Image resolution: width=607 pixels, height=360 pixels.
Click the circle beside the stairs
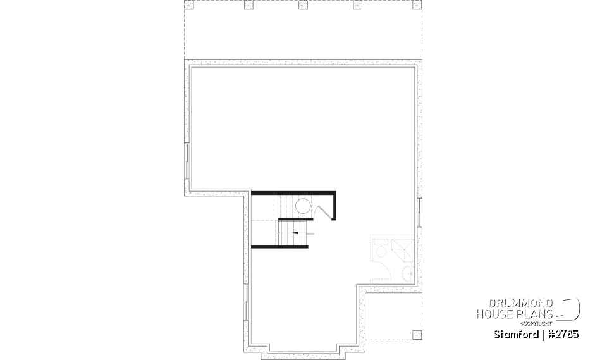tap(302, 206)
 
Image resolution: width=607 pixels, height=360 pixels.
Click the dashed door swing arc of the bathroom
tap(377, 269)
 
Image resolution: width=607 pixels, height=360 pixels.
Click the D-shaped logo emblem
tap(570, 309)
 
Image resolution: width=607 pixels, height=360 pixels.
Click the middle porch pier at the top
tap(302, 6)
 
